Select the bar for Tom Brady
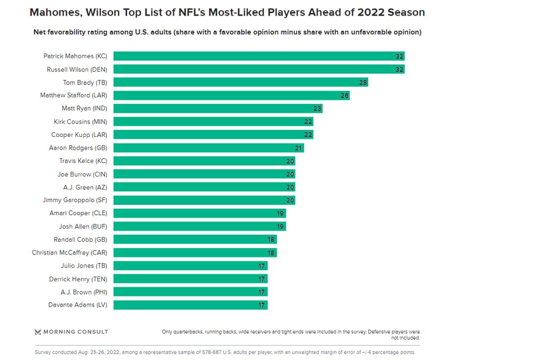[x=241, y=82]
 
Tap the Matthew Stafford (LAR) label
[x=74, y=96]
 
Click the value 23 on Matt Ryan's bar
[x=317, y=109]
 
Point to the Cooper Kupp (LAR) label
[x=79, y=135]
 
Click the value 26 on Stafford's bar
[x=345, y=96]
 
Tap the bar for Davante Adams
[x=191, y=305]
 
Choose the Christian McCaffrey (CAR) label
[x=70, y=252]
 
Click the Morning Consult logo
[x=72, y=332]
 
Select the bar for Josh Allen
[x=200, y=226]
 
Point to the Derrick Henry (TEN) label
[x=78, y=279]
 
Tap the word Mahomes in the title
[x=56, y=12]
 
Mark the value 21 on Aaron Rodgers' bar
[x=299, y=148]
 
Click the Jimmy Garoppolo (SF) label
[x=75, y=200]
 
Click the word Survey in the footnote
[x=44, y=353]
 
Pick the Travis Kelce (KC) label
[x=83, y=161]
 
